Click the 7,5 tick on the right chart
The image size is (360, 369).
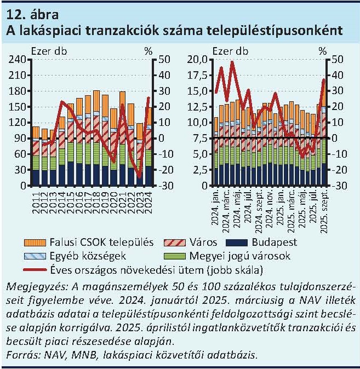(x=199, y=139)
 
